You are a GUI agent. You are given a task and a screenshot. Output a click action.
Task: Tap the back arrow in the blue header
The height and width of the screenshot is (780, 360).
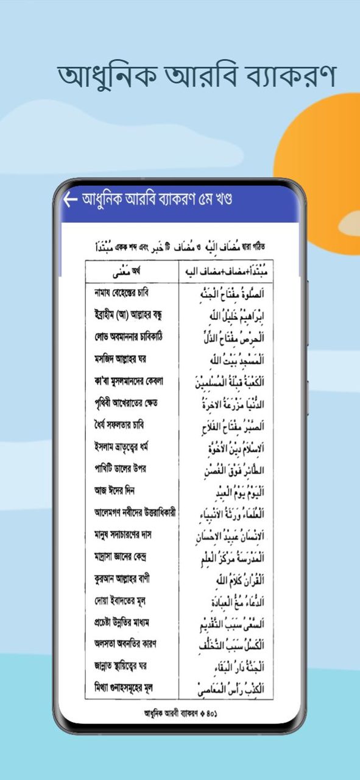tap(71, 200)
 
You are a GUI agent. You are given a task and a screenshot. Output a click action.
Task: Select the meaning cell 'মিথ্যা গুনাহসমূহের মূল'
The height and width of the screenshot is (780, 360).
tap(124, 688)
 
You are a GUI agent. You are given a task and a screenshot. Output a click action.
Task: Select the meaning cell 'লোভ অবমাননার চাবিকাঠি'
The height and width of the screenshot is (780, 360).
tap(125, 337)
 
